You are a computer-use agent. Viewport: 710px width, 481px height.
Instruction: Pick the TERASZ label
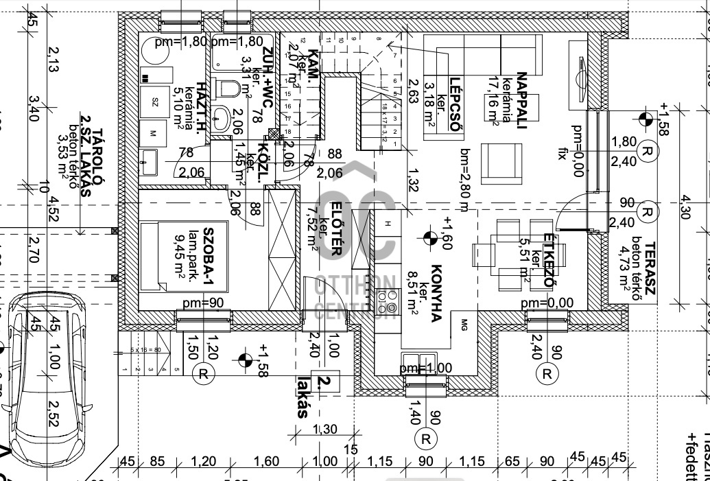(x=650, y=270)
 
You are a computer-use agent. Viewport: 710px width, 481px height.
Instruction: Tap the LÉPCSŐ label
(x=453, y=106)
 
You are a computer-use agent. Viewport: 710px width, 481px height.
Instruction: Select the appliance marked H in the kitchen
(x=388, y=223)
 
